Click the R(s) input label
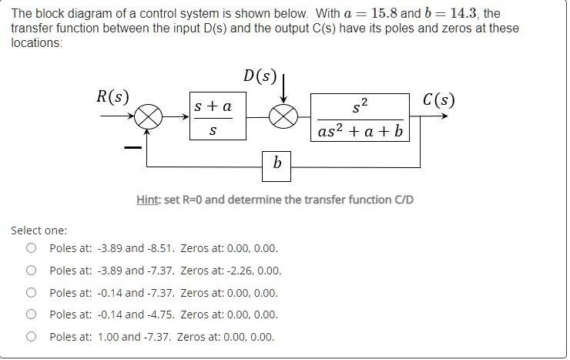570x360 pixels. [x=112, y=97]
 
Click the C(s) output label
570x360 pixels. [x=439, y=100]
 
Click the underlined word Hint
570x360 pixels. [x=149, y=200]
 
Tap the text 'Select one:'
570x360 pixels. [x=39, y=230]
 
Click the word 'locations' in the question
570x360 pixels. [x=35, y=43]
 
